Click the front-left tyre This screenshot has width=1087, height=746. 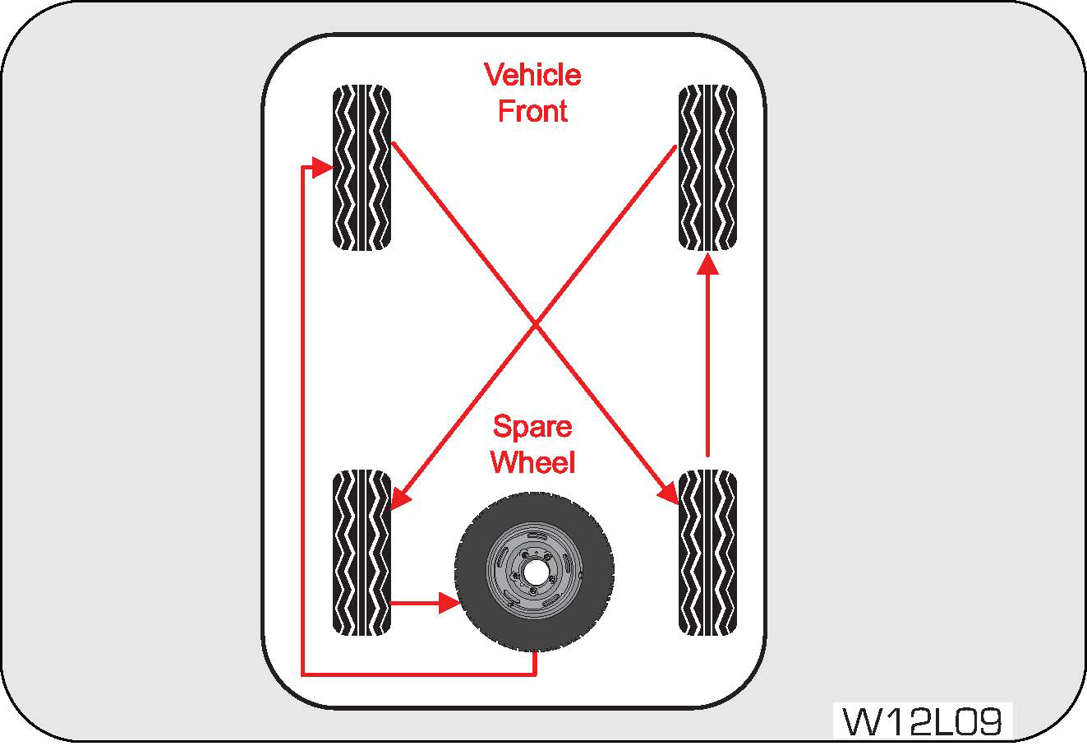(x=362, y=168)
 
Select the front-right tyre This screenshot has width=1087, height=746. (x=707, y=168)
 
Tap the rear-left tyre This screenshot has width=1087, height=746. (x=362, y=553)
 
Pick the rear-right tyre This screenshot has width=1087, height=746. (x=707, y=553)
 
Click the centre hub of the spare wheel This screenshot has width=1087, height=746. (x=534, y=570)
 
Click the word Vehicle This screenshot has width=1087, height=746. (x=532, y=75)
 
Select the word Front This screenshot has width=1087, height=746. (x=532, y=111)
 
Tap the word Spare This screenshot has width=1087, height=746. (x=532, y=427)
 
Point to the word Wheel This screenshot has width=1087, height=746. (x=532, y=462)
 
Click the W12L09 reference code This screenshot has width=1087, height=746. (x=923, y=722)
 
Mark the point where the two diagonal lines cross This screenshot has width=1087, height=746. (x=536, y=324)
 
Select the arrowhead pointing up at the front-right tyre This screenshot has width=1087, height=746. (x=707, y=263)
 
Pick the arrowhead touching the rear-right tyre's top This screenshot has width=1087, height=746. (x=669, y=492)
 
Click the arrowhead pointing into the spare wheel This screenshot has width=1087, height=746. (x=448, y=603)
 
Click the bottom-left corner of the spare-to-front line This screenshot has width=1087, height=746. (x=303, y=674)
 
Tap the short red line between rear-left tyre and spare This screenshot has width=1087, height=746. (x=415, y=603)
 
